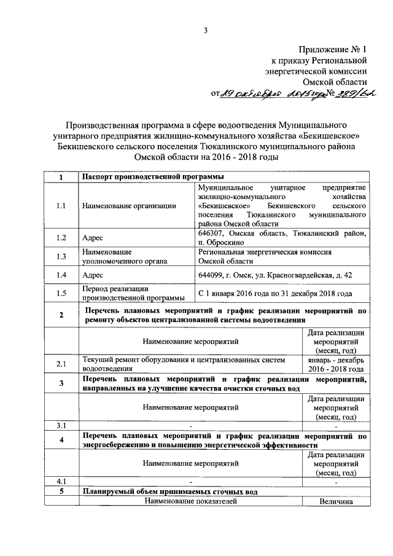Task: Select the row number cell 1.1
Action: pyautogui.click(x=60, y=206)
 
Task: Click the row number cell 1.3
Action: pyautogui.click(x=60, y=256)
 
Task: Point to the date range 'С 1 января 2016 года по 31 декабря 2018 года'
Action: pyautogui.click(x=275, y=294)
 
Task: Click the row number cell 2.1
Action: pyautogui.click(x=60, y=364)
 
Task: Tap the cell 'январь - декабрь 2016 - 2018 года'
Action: pyautogui.click(x=335, y=364)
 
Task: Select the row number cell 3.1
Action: pyautogui.click(x=60, y=425)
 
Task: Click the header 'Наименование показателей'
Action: pyautogui.click(x=190, y=501)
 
